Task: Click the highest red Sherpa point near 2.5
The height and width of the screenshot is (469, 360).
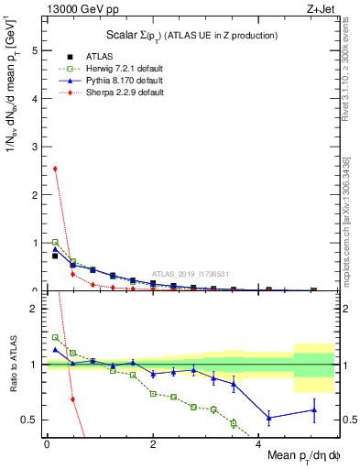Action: (x=55, y=169)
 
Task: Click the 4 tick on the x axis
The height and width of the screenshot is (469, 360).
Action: (x=259, y=442)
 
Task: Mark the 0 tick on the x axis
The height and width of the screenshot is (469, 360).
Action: (x=47, y=442)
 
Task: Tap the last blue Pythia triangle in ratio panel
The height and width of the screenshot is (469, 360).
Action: (x=314, y=409)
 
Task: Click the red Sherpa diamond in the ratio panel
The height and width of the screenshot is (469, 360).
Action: (x=72, y=399)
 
